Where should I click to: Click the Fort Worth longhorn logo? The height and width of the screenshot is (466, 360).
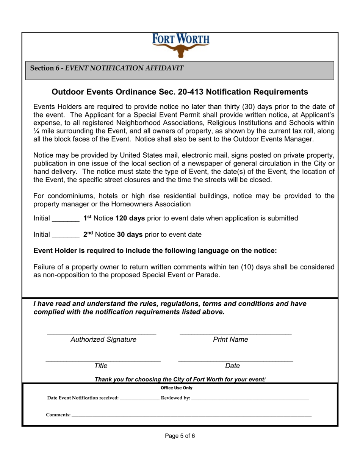click(180, 45)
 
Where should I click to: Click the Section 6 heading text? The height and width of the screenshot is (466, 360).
click(107, 68)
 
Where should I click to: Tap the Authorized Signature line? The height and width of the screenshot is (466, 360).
click(102, 334)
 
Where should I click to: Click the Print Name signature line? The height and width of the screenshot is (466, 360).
click(235, 334)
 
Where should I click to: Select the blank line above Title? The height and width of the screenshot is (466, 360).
click(103, 360)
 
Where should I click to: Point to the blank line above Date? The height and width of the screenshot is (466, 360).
click(235, 360)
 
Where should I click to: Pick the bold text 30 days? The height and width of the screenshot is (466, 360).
click(130, 235)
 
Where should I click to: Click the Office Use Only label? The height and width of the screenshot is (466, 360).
click(177, 388)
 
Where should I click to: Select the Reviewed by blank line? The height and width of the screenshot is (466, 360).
click(250, 399)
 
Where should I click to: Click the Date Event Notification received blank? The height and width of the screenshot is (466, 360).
click(139, 399)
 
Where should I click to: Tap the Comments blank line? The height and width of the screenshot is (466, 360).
click(191, 416)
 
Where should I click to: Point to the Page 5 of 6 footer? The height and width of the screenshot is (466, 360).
click(180, 436)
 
